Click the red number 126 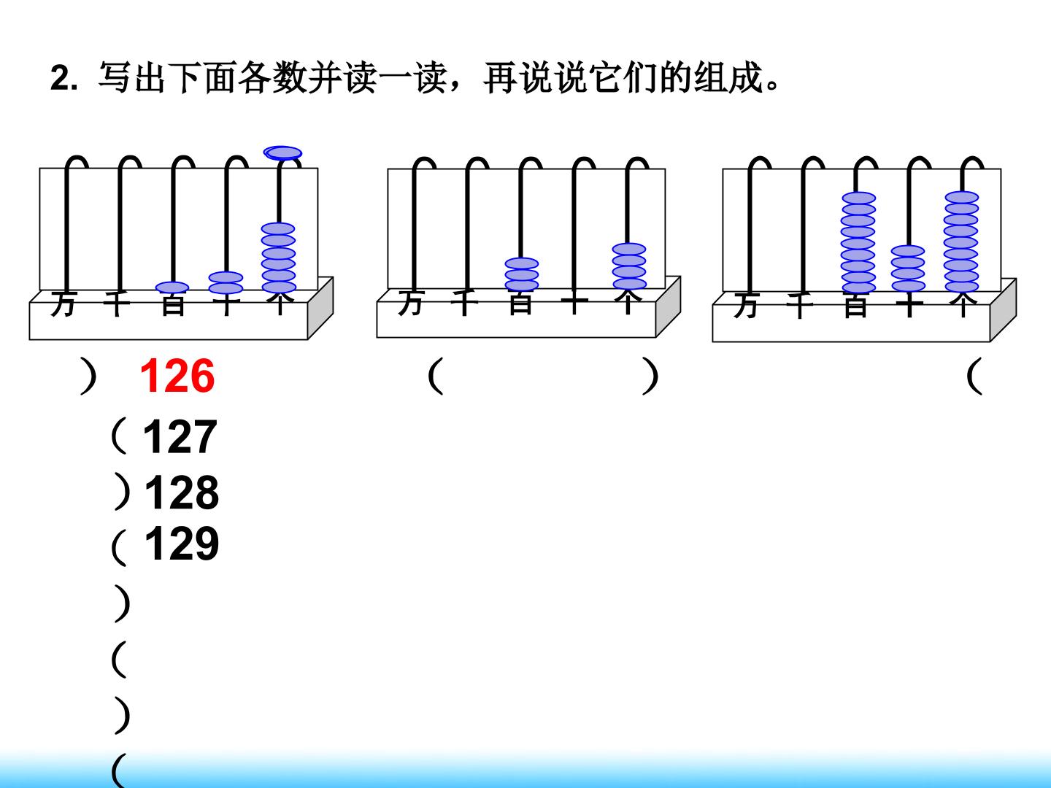click(177, 376)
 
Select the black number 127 click(180, 436)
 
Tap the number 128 click(182, 492)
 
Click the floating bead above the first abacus click(282, 153)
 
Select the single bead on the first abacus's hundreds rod click(172, 287)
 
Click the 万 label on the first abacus click(63, 304)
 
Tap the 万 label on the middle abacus click(411, 303)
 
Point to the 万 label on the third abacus click(747, 305)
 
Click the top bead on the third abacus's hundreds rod click(859, 198)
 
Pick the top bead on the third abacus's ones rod click(961, 197)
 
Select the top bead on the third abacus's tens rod click(908, 251)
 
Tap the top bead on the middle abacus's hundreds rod click(522, 263)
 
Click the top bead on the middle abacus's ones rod click(629, 250)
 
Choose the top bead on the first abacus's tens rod click(226, 277)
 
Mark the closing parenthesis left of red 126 click(88, 376)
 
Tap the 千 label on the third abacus click(799, 305)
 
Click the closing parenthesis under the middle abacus click(650, 376)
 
